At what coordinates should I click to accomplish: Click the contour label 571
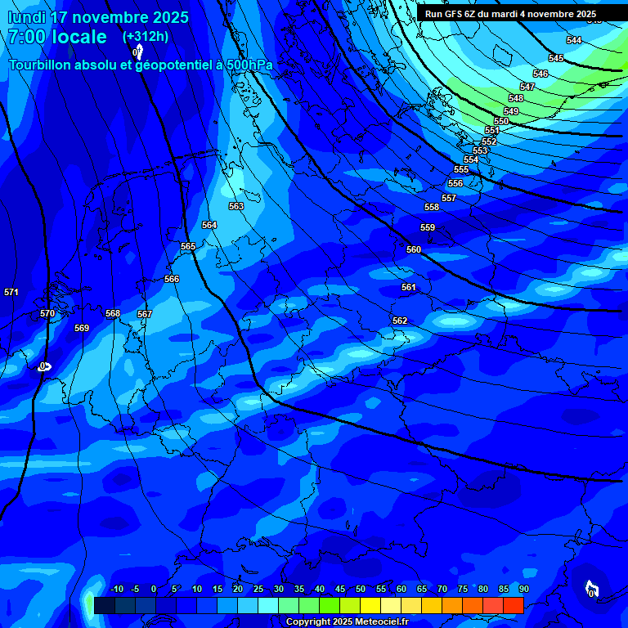point(11,292)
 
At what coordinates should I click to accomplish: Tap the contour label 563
point(236,206)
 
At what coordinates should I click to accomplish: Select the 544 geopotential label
point(574,40)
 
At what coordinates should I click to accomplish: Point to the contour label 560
point(414,249)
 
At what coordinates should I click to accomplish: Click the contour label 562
point(400,321)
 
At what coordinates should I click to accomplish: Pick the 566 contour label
point(172,279)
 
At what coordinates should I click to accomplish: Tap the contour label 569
point(82,328)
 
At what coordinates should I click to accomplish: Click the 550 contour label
point(501,121)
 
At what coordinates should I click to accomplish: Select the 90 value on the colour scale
point(523,589)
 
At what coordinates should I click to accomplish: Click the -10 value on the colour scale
point(116,589)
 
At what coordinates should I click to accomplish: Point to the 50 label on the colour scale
point(361,589)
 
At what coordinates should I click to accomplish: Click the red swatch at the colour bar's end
point(513,605)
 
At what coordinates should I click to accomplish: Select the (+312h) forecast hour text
point(146,36)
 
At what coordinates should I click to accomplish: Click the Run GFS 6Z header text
point(453,14)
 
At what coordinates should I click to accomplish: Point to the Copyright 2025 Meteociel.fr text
point(347,621)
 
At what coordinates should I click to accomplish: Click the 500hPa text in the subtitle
point(248,65)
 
